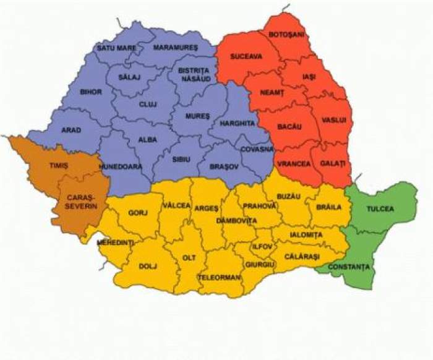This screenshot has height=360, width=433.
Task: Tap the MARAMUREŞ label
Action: (175, 48)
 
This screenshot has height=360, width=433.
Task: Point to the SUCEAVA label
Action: (246, 56)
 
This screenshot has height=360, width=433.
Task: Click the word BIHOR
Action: (91, 91)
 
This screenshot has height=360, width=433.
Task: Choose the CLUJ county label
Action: (148, 104)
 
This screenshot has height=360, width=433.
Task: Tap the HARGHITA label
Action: (236, 123)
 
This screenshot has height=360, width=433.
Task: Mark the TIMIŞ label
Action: (58, 166)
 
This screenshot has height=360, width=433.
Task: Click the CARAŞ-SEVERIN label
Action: (80, 201)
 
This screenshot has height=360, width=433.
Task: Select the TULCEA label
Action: (380, 209)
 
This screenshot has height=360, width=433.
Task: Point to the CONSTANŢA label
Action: (348, 267)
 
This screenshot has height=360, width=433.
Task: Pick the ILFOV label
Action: (262, 246)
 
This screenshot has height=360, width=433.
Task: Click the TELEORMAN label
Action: (219, 277)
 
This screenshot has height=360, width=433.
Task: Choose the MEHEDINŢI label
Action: (116, 242)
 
